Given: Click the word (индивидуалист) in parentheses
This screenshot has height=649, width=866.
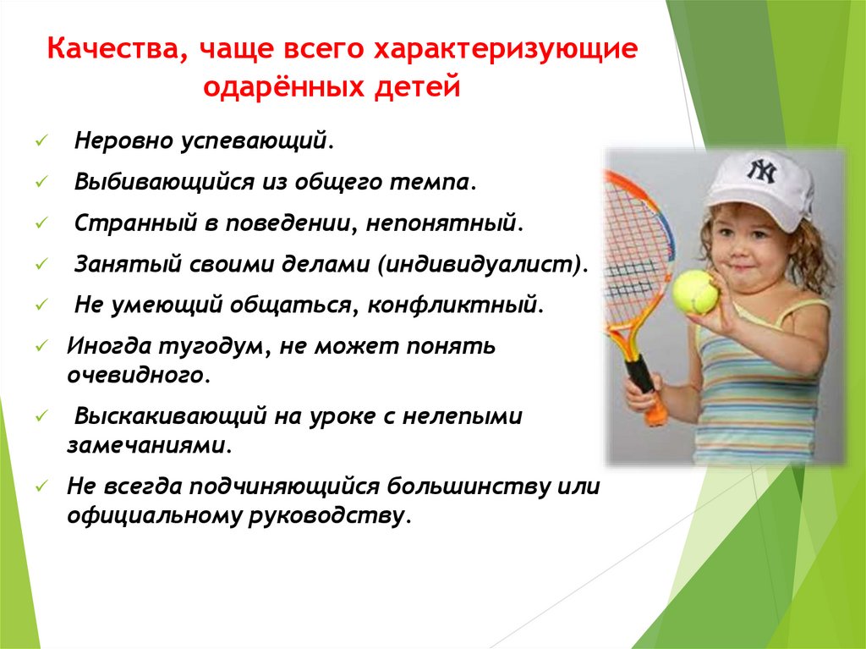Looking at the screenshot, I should click(x=481, y=265).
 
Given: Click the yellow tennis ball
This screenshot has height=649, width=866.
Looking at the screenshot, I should click(x=694, y=291).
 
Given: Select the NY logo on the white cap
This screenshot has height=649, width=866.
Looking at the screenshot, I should click(x=760, y=170).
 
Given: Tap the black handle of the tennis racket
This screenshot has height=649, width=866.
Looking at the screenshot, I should click(x=641, y=373).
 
